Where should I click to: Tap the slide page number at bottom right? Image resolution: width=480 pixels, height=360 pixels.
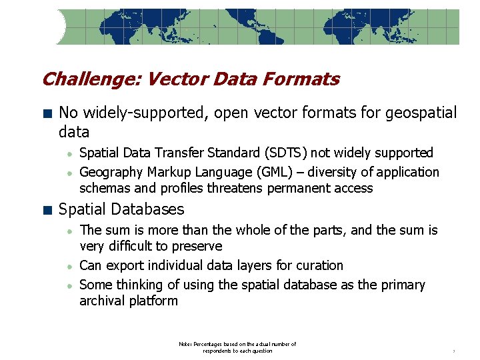[453, 351]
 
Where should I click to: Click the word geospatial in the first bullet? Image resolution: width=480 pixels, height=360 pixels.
[421, 113]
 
